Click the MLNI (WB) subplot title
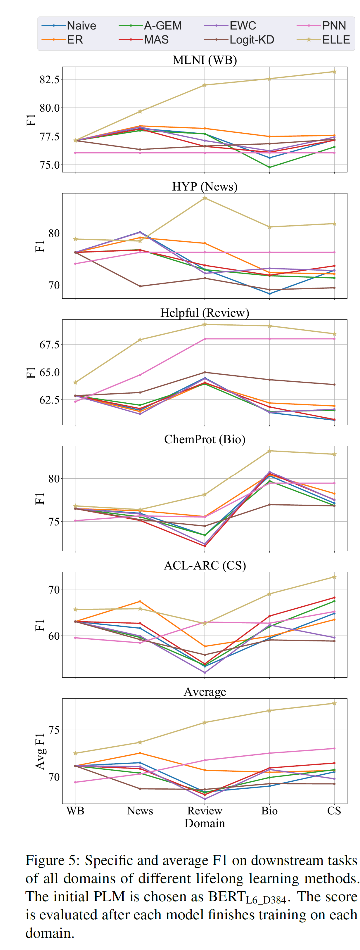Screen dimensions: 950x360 (205, 60)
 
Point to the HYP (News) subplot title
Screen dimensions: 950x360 (205, 186)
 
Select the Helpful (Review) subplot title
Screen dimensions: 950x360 (205, 313)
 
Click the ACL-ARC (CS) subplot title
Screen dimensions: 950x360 (205, 565)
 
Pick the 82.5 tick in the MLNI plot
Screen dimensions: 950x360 (49, 79)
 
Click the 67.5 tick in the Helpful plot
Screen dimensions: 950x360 (49, 345)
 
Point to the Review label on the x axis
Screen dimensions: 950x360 (205, 811)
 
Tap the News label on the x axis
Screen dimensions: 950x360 (140, 811)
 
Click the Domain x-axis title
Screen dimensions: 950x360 (205, 823)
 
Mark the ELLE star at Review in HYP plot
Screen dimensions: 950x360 (205, 198)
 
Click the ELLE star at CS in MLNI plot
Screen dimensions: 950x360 (335, 72)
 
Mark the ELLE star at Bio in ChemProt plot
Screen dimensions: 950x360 (270, 451)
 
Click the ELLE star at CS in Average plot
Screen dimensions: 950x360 (335, 703)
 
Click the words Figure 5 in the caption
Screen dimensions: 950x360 (52, 860)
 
